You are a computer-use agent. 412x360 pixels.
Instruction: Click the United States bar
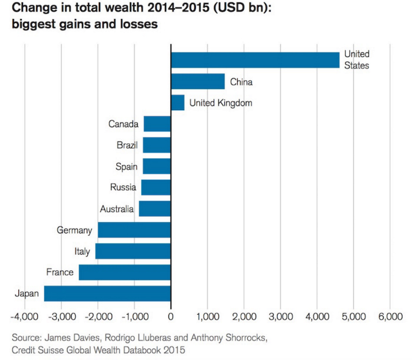[x=255, y=60]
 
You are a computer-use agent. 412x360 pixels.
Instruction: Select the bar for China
[x=198, y=81]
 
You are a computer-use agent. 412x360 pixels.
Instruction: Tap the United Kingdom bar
[x=178, y=103]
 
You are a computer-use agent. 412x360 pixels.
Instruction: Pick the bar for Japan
[x=108, y=293]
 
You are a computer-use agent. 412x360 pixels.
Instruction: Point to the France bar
[x=125, y=272]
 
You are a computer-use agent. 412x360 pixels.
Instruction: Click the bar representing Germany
[x=134, y=230]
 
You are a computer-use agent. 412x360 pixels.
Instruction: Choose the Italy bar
[x=133, y=251]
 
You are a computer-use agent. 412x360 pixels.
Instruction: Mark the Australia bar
[x=155, y=209]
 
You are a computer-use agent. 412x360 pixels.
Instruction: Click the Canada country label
[x=123, y=124]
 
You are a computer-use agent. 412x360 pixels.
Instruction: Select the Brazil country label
[x=127, y=145]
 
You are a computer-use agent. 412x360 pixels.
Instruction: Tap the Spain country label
[x=127, y=166]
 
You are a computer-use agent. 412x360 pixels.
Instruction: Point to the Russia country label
[x=124, y=187]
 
